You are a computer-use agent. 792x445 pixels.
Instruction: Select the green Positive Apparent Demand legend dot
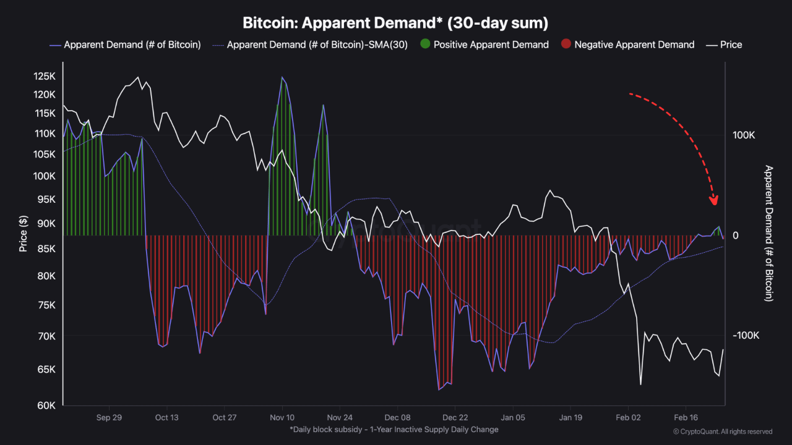pyautogui.click(x=424, y=44)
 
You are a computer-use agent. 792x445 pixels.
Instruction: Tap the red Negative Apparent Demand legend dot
pyautogui.click(x=566, y=44)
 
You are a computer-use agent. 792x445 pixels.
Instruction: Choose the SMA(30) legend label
pyautogui.click(x=317, y=44)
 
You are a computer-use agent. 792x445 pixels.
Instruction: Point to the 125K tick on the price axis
pyautogui.click(x=45, y=76)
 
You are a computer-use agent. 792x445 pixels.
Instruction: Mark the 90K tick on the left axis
pyautogui.click(x=47, y=223)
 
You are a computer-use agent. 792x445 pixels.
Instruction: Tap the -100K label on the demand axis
pyautogui.click(x=745, y=335)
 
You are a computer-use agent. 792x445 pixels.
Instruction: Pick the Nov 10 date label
pyautogui.click(x=282, y=417)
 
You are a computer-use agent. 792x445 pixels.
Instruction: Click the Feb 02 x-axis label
pyautogui.click(x=627, y=417)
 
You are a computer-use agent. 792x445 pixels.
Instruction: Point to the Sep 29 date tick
pyautogui.click(x=109, y=417)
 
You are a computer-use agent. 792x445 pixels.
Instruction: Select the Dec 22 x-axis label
pyautogui.click(x=455, y=417)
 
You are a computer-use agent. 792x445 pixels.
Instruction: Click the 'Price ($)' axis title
pyautogui.click(x=24, y=234)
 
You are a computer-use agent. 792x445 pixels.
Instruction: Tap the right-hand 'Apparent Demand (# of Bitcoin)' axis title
pyautogui.click(x=769, y=233)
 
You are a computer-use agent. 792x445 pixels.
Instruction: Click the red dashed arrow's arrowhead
pyautogui.click(x=714, y=200)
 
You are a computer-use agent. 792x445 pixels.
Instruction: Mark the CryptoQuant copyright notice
pyautogui.click(x=722, y=431)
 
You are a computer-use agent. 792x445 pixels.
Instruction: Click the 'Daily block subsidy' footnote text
pyautogui.click(x=394, y=429)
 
